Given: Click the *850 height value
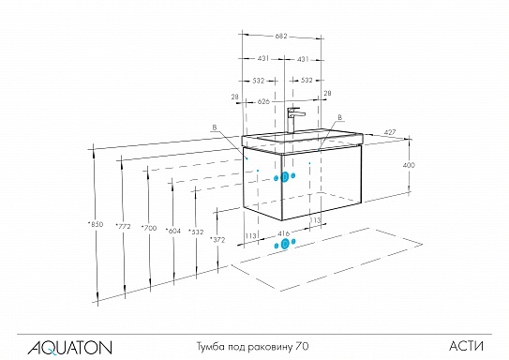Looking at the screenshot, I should coord(96,224).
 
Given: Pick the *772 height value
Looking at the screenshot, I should coord(122,227).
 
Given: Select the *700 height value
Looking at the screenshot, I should coord(148,228).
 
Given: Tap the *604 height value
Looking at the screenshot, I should coord(172,230).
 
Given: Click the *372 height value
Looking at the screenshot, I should coord(219,240).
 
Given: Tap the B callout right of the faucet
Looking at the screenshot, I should coord(339,116).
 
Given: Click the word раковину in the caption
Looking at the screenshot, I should coord(269,346).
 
